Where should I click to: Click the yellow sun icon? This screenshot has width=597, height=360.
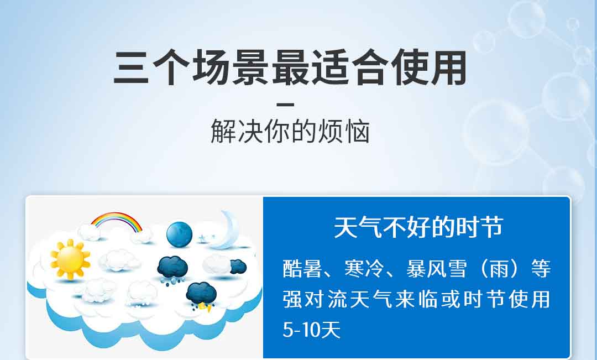[x=70, y=259]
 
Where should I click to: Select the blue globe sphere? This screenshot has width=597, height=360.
[x=179, y=234]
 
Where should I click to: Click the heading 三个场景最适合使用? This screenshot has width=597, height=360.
[x=290, y=68]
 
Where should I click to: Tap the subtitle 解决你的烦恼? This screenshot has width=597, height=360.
[x=290, y=131]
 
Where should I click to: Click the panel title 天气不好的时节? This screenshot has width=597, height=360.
[x=418, y=227]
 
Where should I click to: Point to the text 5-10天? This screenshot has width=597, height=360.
[x=311, y=330]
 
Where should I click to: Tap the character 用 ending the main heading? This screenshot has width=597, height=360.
[x=449, y=68]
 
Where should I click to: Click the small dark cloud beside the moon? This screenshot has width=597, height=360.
[x=238, y=267]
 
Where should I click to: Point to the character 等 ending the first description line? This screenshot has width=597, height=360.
[x=541, y=269]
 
